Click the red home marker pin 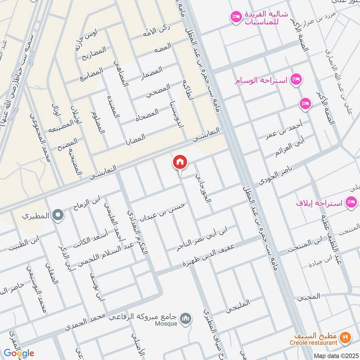tap(180, 162)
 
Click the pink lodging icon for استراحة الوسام tap(296, 80)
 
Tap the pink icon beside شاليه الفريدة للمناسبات tap(235, 17)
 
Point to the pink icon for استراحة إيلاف tap(351, 202)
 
